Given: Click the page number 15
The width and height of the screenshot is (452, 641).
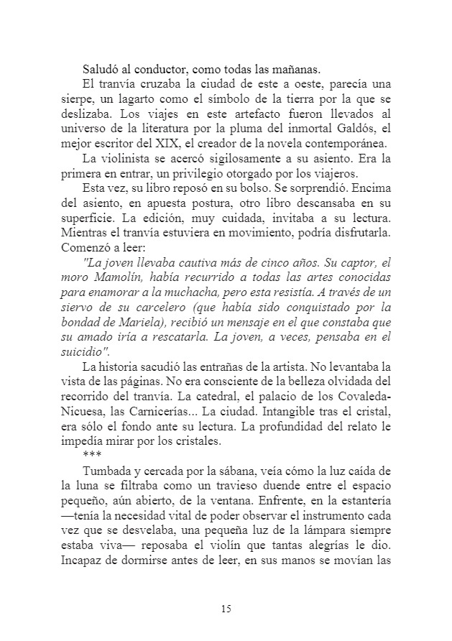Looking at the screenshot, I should click(226, 609).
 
